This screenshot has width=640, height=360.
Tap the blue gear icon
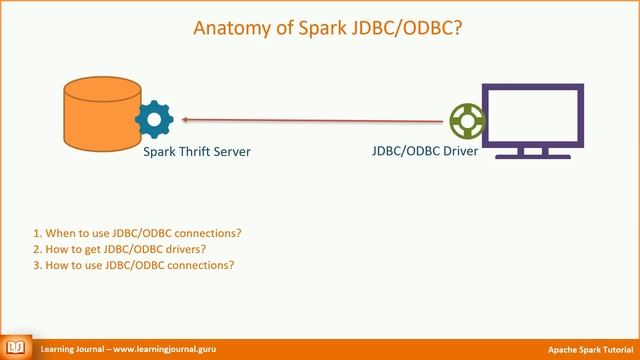point(155,120)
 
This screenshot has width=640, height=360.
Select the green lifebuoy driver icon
point(465,121)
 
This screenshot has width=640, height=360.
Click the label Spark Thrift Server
point(197,152)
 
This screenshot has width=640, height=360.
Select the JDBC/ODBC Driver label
point(424,152)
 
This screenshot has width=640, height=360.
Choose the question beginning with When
point(137,233)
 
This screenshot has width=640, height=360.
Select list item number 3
point(133,265)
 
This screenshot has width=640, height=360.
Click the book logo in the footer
point(17,349)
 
